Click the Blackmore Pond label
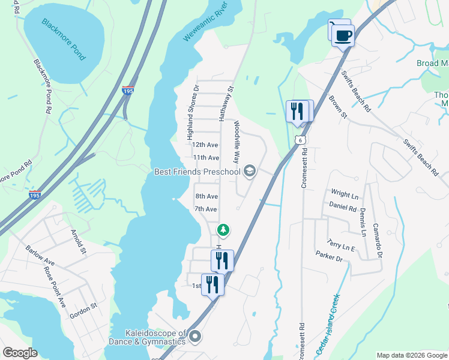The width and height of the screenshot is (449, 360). point(64,39)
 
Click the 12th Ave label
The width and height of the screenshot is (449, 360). point(205,145)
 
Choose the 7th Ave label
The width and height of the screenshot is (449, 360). point(205,209)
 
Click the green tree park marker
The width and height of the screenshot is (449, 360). point(223,230)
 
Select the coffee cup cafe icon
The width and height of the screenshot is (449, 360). point(343,35)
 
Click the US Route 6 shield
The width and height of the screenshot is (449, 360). point(301,140)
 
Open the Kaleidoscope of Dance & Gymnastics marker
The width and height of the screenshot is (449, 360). point(195,338)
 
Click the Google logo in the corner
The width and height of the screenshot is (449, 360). point(20,353)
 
